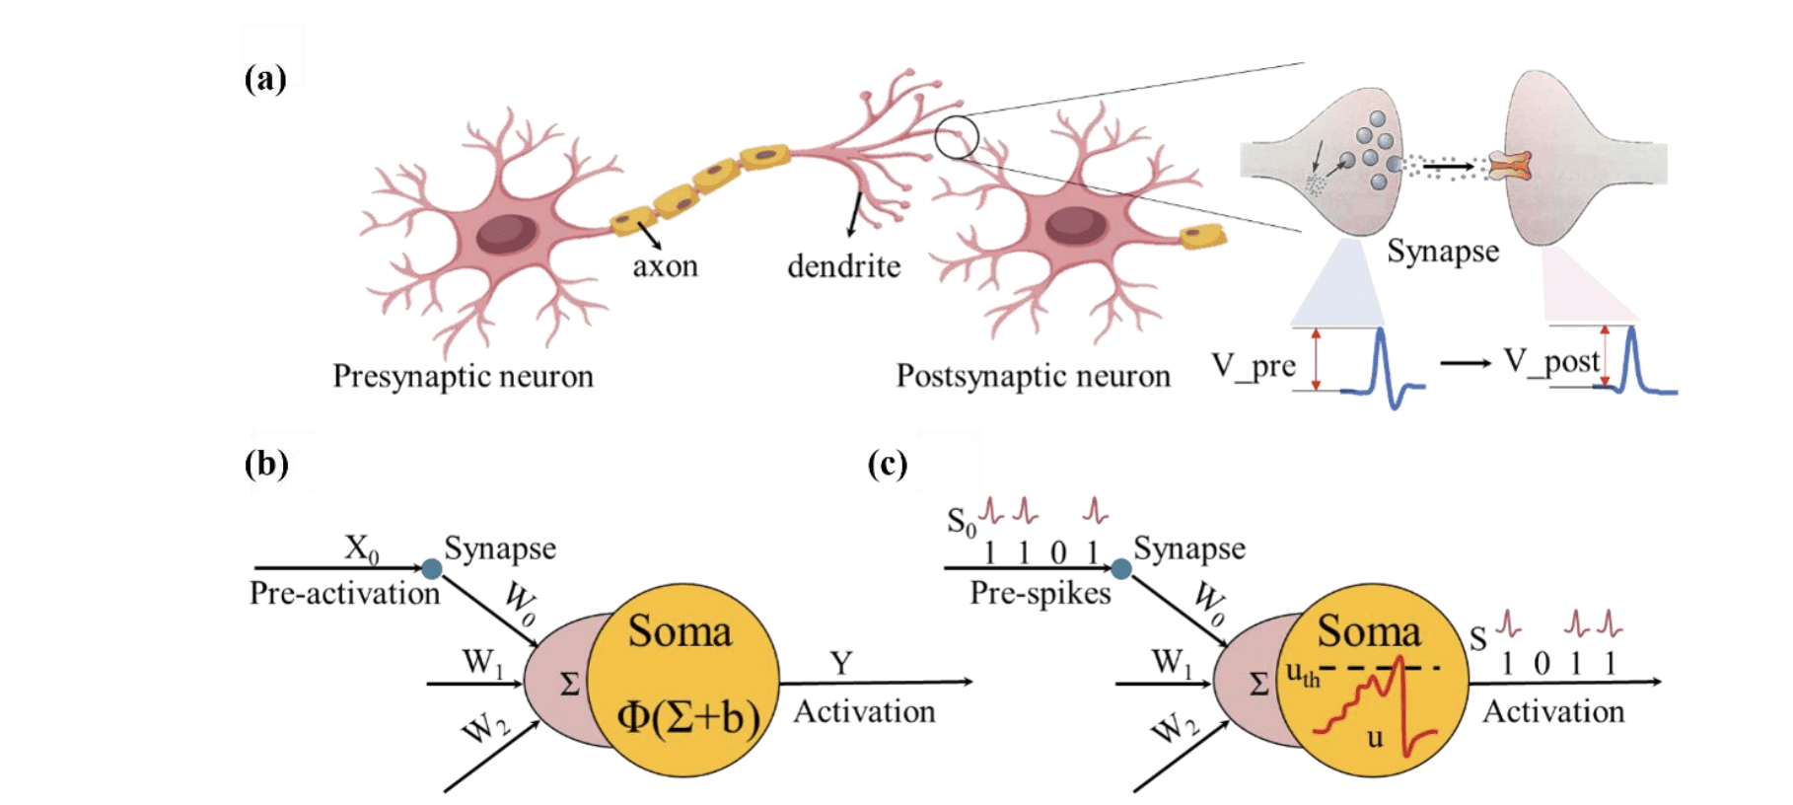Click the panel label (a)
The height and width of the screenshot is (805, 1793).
click(264, 78)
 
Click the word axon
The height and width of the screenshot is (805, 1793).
click(665, 266)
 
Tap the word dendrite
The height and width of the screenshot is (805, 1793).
click(843, 266)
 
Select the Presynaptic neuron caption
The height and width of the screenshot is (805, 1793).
click(463, 377)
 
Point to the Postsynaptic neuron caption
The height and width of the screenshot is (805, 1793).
click(1033, 377)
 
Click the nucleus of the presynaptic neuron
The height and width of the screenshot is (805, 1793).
click(507, 234)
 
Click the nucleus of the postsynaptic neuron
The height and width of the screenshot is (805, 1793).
click(1075, 224)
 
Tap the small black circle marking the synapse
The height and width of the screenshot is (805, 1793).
click(956, 137)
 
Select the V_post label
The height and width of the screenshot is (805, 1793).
click(1551, 361)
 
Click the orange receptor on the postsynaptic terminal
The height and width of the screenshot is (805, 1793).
click(1510, 167)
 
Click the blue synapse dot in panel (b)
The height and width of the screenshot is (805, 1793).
click(431, 568)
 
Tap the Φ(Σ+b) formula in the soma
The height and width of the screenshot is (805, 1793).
click(688, 717)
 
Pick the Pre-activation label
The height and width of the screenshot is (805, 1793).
click(344, 594)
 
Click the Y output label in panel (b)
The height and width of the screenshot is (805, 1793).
click(840, 663)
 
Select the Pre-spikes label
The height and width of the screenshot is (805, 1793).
click(1040, 594)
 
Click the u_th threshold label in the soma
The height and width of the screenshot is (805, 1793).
click(1302, 675)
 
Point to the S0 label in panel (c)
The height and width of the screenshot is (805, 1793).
click(961, 521)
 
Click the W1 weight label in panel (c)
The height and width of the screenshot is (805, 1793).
click(1172, 661)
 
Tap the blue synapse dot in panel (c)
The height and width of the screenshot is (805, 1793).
click(1120, 568)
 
